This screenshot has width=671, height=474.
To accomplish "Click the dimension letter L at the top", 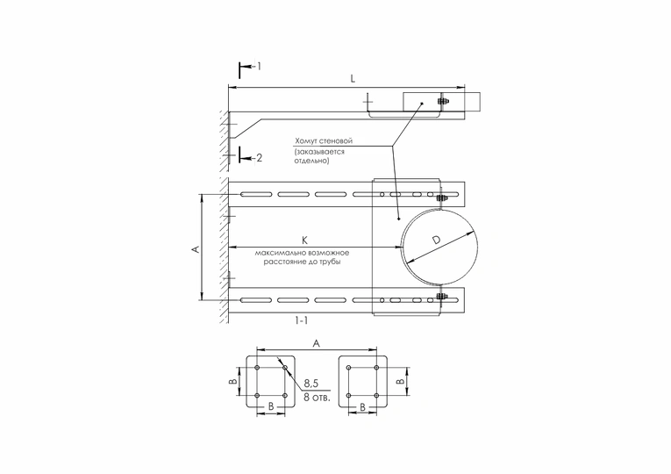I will pos(353,78).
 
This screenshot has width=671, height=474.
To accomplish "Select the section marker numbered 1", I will pos(256,66).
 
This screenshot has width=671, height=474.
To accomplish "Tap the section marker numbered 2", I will pos(256,158).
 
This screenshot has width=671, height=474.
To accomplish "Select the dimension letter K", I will pos(304,239).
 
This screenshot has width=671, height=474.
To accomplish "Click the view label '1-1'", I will pos(301,321).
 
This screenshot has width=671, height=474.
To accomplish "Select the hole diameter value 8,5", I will pos(311,384).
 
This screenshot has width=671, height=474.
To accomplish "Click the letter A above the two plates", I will pos(317,345).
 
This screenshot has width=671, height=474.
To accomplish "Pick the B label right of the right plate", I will pos(401,382).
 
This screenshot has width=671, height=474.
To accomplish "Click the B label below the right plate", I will pos(363,407).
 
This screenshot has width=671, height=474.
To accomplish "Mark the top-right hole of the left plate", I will pos(286,368).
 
